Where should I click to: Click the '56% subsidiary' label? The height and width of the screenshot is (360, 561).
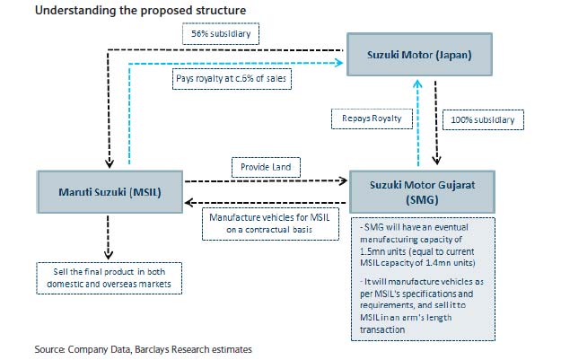click(220, 35)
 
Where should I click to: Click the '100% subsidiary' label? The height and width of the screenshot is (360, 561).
click(485, 118)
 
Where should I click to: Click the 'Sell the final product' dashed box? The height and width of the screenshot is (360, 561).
click(110, 277)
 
